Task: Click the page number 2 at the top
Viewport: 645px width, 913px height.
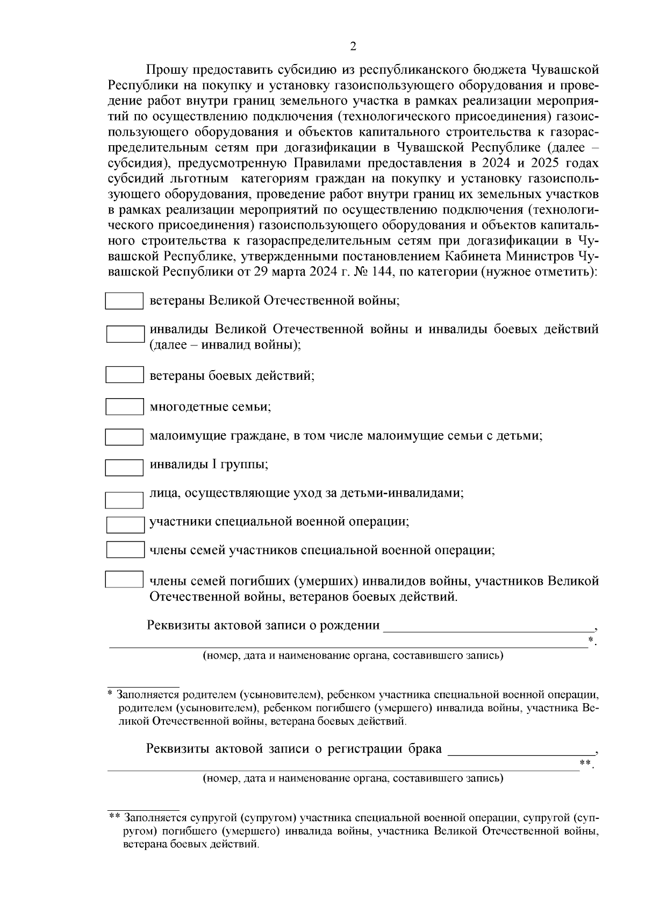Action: (x=353, y=47)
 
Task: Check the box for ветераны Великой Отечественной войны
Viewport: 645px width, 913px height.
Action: (x=124, y=301)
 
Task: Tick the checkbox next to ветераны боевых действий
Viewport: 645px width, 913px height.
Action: (x=124, y=375)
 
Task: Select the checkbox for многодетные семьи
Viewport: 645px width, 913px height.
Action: (x=124, y=407)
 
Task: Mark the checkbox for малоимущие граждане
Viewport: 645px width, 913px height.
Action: (x=124, y=437)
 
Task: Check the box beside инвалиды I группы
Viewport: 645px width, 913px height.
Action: (x=124, y=467)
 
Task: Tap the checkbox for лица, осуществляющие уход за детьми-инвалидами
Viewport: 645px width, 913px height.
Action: (x=124, y=500)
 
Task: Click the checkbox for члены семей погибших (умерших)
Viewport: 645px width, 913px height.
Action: (x=124, y=579)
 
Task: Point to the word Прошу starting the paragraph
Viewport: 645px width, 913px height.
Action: (x=165, y=70)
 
